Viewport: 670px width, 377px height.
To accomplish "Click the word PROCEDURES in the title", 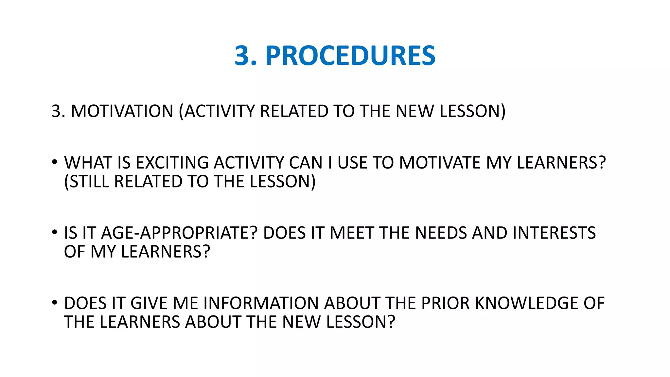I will (x=350, y=56).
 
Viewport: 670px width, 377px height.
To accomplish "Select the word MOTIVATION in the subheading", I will (x=122, y=111).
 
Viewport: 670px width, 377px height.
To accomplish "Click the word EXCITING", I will (x=172, y=163).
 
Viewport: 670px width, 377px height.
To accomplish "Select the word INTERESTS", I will (x=554, y=233).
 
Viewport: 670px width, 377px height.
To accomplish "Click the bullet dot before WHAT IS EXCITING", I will (x=55, y=162).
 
